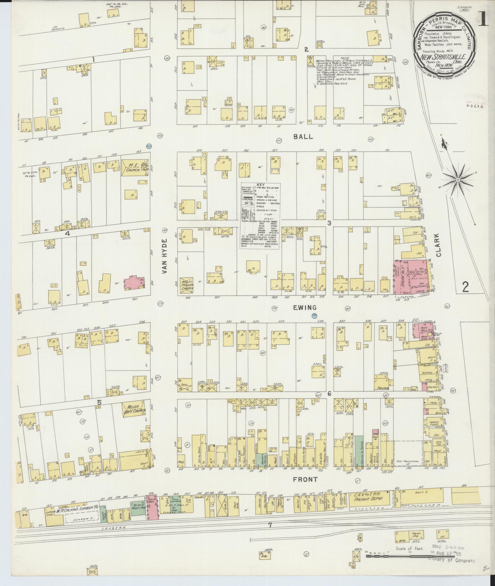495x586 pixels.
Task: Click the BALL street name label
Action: pyautogui.click(x=303, y=137)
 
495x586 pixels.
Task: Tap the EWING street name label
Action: pyautogui.click(x=305, y=308)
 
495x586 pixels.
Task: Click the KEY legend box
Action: pyautogui.click(x=261, y=216)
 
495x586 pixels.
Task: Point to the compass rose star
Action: pyautogui.click(x=457, y=180)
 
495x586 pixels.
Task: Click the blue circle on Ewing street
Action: pyautogui.click(x=314, y=316)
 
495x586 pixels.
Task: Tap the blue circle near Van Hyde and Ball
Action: pyautogui.click(x=149, y=147)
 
